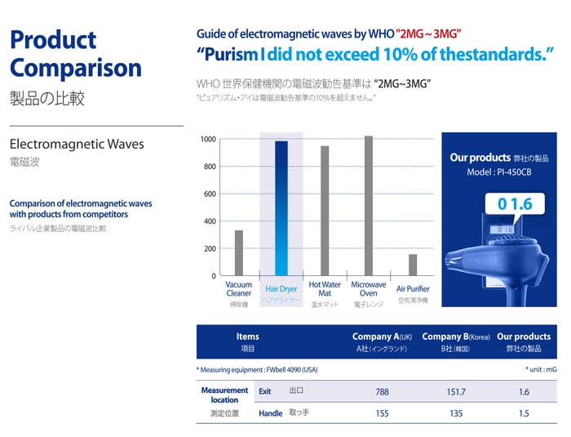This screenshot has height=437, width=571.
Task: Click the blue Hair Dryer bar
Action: point(281,208)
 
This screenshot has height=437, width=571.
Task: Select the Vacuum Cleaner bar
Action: point(239,252)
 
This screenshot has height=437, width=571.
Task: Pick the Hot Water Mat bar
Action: point(325,211)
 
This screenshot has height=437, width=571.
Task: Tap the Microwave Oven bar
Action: point(369,206)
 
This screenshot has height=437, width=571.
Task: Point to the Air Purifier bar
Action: point(413,265)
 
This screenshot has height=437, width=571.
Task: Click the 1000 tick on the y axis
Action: point(208,140)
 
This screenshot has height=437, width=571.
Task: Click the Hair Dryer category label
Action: point(281,289)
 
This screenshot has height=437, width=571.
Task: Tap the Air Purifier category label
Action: point(413,289)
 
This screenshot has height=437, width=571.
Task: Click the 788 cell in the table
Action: point(382,392)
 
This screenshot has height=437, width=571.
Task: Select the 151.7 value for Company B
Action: point(456,392)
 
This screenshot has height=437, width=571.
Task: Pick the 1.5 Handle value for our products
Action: point(523,414)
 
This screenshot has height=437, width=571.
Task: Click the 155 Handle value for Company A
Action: point(382,414)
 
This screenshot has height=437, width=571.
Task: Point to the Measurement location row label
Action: point(224,395)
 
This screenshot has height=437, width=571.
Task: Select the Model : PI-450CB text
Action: point(498,172)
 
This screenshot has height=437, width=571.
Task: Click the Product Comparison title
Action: point(75,54)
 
